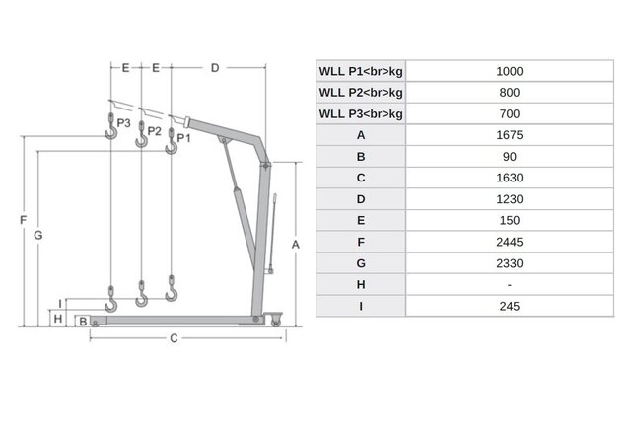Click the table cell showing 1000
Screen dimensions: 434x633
(509, 71)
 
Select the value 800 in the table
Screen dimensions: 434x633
(509, 92)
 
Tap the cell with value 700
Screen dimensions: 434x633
(509, 113)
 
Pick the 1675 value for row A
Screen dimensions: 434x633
(509, 135)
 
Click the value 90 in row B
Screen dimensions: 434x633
(509, 157)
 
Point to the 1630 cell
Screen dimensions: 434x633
(509, 178)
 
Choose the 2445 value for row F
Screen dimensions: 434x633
(509, 242)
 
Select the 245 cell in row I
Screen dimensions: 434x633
(509, 306)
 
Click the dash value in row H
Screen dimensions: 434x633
(509, 284)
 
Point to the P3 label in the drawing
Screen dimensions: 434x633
(123, 123)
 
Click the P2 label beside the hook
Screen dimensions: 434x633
(154, 130)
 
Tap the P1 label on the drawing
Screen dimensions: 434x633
(183, 138)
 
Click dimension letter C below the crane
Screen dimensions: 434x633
(173, 339)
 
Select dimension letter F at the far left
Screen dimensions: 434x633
(22, 221)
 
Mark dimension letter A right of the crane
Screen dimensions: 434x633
(295, 243)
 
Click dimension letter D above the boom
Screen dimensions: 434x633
(215, 68)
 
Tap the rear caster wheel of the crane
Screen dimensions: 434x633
(273, 319)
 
